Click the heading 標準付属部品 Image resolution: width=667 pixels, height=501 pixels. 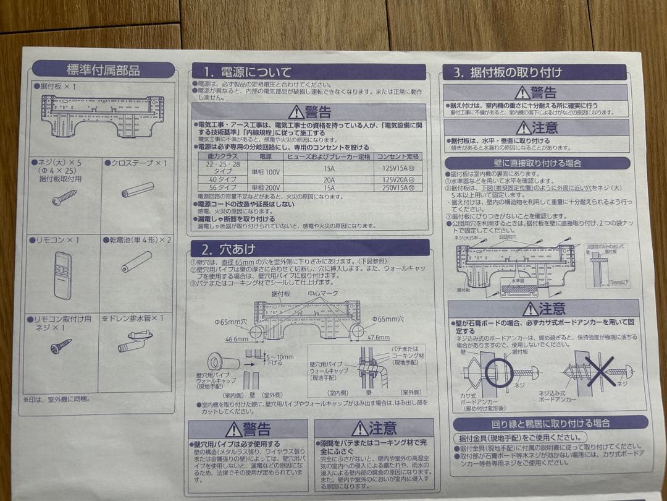coord(103,69)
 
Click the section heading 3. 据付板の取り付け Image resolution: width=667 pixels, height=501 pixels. coord(507,72)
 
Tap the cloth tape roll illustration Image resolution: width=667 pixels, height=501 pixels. coord(137,189)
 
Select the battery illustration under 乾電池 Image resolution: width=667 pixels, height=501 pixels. coord(136,262)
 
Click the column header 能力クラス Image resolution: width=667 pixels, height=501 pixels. coord(222,157)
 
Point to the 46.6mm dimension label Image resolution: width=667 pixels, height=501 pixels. coord(236,339)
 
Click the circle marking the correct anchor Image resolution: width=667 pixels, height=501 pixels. coord(499,372)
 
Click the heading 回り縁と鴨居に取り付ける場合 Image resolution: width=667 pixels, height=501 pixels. coord(550,423)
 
